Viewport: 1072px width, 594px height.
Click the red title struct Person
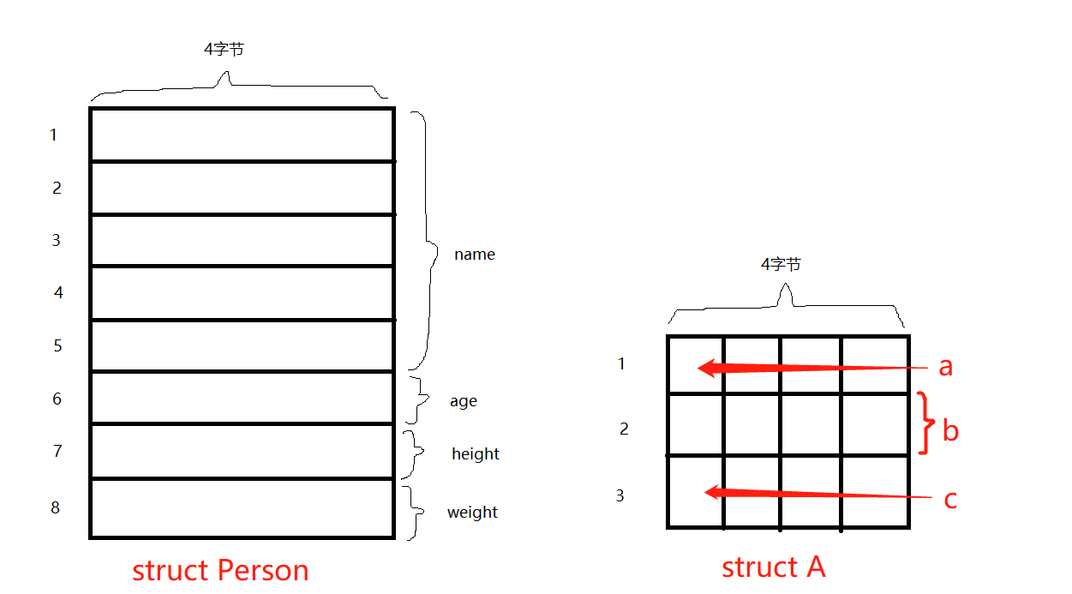[x=220, y=570]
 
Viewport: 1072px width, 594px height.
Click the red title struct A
[x=773, y=567]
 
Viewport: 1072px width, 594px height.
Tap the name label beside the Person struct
[x=474, y=255]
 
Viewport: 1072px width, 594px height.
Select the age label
[x=463, y=401]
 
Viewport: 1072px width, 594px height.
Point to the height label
[x=475, y=453]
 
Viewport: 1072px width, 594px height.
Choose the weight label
[x=472, y=513]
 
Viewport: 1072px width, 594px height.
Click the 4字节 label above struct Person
[x=224, y=50]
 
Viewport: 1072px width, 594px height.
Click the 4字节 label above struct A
[x=781, y=265]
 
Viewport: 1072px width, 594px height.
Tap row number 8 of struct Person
[x=56, y=507]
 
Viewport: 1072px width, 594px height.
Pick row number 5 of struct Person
[x=57, y=346]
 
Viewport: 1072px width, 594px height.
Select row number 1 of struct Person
[x=53, y=135]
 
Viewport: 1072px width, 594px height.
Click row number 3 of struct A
[x=620, y=495]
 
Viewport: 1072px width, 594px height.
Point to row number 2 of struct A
[x=624, y=429]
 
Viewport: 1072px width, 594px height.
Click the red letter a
[x=945, y=367]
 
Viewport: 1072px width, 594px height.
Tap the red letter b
[x=949, y=430]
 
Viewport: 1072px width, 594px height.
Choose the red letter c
[x=949, y=499]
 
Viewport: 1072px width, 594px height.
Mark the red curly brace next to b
[x=925, y=423]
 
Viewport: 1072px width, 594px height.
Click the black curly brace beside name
[x=426, y=240]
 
